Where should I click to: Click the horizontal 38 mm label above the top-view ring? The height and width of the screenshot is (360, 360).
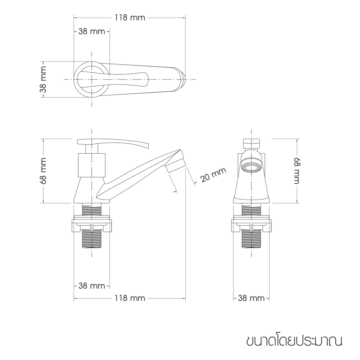(91, 31)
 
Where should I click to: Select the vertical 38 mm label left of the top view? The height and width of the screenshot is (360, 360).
(44, 79)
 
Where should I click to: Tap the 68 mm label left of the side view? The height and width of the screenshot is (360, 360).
(44, 171)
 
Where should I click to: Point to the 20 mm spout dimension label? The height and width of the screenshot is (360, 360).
(213, 176)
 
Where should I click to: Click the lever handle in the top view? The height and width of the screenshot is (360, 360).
(115, 78)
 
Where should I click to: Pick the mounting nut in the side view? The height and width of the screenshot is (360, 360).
(92, 223)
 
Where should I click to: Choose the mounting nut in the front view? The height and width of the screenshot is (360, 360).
(251, 223)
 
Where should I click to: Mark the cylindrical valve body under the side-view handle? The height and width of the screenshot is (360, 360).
(92, 165)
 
